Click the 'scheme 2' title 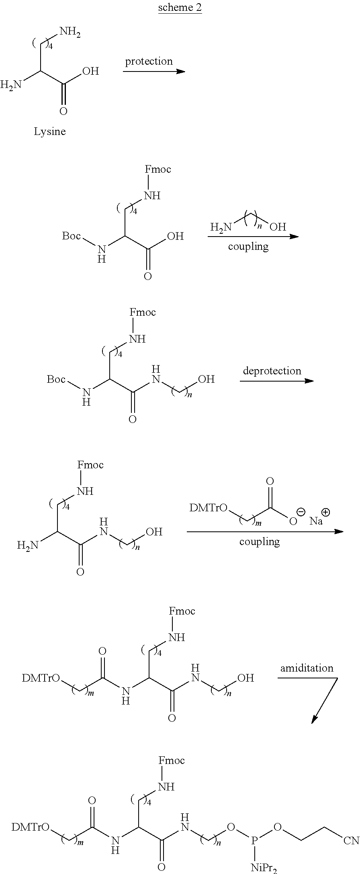[180, 8]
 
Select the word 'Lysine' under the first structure [49, 132]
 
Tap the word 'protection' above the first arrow [149, 61]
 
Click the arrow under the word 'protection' [154, 71]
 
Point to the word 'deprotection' [272, 371]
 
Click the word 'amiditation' [307, 668]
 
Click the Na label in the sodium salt [316, 521]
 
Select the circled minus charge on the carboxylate [300, 512]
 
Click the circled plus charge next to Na [326, 512]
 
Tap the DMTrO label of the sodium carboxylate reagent [209, 508]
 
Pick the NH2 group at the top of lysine [70, 32]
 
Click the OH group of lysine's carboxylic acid [90, 71]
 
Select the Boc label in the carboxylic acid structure [72, 236]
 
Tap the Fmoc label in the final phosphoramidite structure [172, 760]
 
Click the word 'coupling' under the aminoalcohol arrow [248, 247]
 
